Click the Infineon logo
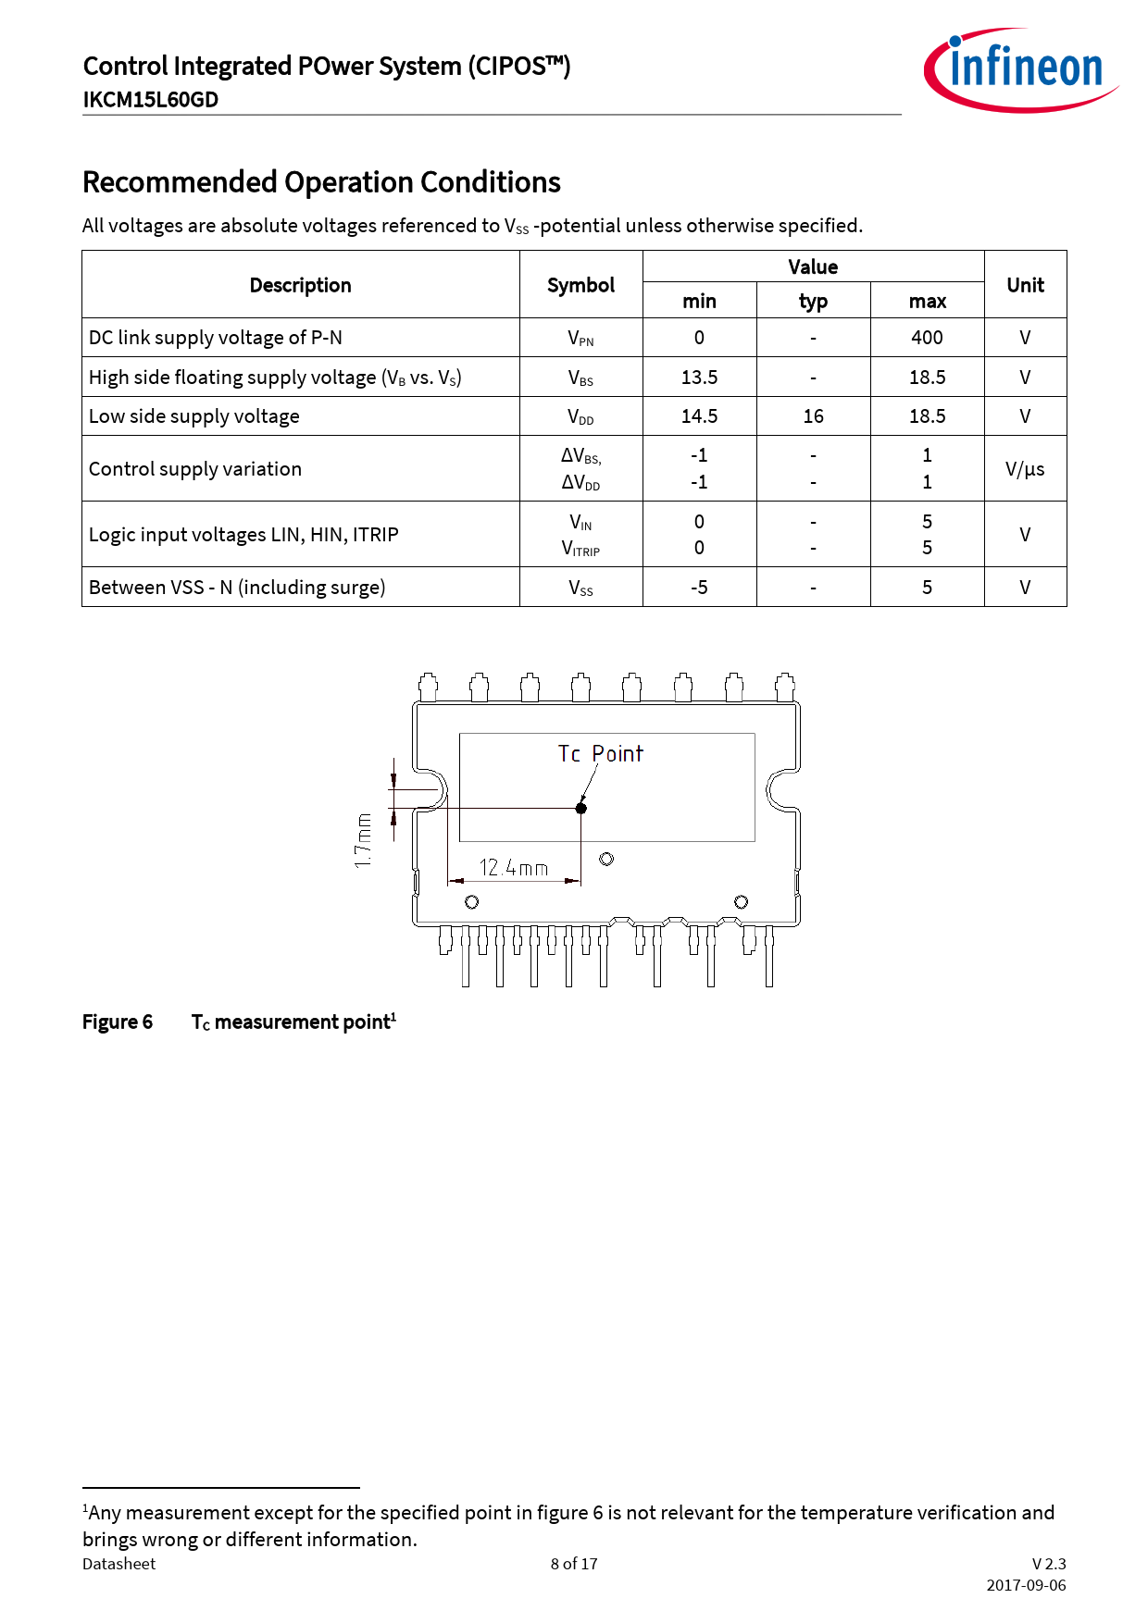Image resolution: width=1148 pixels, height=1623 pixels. pyautogui.click(x=1021, y=70)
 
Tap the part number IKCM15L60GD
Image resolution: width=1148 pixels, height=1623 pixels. pyautogui.click(x=150, y=100)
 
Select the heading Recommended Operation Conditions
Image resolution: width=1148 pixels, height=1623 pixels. pyautogui.click(x=321, y=182)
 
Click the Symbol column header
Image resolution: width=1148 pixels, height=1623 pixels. pyautogui.click(x=580, y=285)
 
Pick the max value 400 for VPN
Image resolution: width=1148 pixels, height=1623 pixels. pyautogui.click(x=927, y=338)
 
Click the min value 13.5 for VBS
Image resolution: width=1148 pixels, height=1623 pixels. pyautogui.click(x=699, y=378)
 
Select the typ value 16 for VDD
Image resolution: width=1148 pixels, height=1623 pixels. pyautogui.click(x=813, y=416)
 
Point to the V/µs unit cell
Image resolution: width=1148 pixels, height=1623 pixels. pyautogui.click(x=1025, y=469)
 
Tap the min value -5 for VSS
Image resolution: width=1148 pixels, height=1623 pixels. pyautogui.click(x=699, y=588)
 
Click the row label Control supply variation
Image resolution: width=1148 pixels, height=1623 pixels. pyautogui.click(x=195, y=469)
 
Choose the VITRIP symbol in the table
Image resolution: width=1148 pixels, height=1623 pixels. pyautogui.click(x=580, y=549)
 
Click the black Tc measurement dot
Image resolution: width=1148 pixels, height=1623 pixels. pyautogui.click(x=581, y=808)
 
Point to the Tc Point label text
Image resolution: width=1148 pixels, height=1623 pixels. pyautogui.click(x=600, y=754)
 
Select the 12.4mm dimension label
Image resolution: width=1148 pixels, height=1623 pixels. pyautogui.click(x=514, y=868)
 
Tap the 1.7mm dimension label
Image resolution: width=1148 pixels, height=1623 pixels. pyautogui.click(x=364, y=840)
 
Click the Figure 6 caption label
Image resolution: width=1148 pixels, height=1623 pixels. pyautogui.click(x=118, y=1022)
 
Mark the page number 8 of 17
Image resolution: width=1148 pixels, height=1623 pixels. pyautogui.click(x=574, y=1564)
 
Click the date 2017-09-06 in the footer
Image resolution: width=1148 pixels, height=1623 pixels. pyautogui.click(x=1026, y=1585)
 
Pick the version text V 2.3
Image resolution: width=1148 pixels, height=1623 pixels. pyautogui.click(x=1049, y=1564)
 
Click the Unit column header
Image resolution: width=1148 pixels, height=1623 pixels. pyautogui.click(x=1025, y=285)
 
